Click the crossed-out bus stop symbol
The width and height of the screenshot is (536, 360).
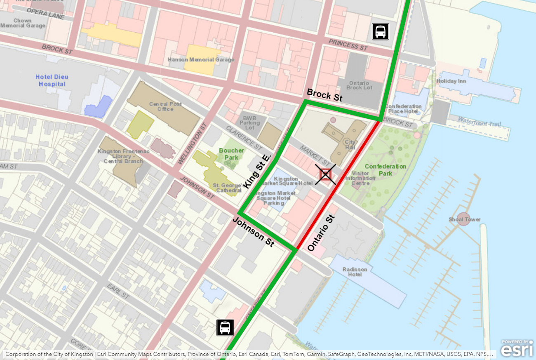[x=325, y=175]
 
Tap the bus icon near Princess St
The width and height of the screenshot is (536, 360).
[x=380, y=31]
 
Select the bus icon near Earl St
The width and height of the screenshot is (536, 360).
[x=225, y=327]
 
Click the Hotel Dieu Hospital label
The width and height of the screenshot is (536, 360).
[x=52, y=80]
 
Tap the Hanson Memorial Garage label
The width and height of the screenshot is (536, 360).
[x=201, y=59]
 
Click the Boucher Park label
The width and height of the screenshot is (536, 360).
[x=231, y=154]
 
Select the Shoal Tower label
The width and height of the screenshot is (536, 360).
[x=465, y=219]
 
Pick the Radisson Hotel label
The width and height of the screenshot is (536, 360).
[x=355, y=272]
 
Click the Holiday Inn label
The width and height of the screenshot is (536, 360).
[x=451, y=81]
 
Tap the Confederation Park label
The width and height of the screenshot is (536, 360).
[x=385, y=170]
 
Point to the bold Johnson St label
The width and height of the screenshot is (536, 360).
[x=254, y=232]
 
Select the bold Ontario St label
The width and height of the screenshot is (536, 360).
[x=320, y=233]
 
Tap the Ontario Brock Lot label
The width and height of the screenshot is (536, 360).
[x=359, y=85]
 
